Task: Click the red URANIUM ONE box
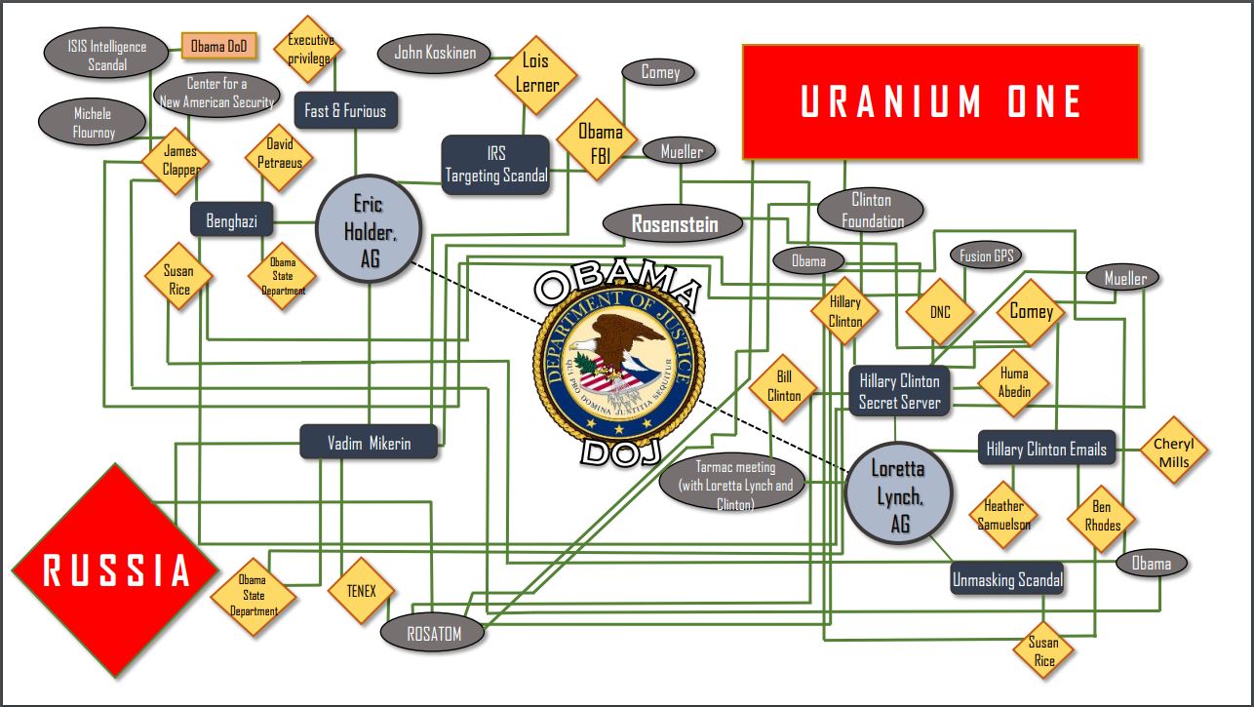pos(940,101)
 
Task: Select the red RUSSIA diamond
pos(116,570)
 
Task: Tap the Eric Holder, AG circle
pos(369,229)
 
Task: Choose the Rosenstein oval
pos(674,224)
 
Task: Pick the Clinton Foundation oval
pos(871,211)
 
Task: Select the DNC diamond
pos(939,313)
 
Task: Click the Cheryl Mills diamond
pos(1173,452)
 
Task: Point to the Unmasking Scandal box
pos(1006,580)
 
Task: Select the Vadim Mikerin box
pos(369,443)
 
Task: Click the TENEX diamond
pos(361,591)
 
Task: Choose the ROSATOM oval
pos(433,634)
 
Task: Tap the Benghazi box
pos(231,221)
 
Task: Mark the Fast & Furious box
pos(345,111)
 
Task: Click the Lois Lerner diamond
pos(535,73)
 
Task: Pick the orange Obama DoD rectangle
pos(218,45)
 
